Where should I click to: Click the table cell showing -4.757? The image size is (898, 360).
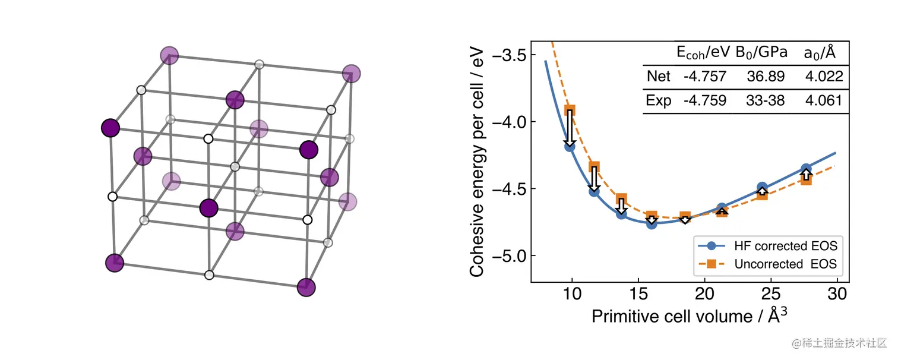(x=704, y=77)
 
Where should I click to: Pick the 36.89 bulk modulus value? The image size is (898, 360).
(x=766, y=77)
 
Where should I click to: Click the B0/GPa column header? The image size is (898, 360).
(x=761, y=52)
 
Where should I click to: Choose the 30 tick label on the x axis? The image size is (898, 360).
(x=837, y=295)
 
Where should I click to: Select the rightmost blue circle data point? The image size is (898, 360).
(x=806, y=169)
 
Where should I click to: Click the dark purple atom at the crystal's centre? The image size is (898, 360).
(x=208, y=209)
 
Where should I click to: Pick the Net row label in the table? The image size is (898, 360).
(x=658, y=77)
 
